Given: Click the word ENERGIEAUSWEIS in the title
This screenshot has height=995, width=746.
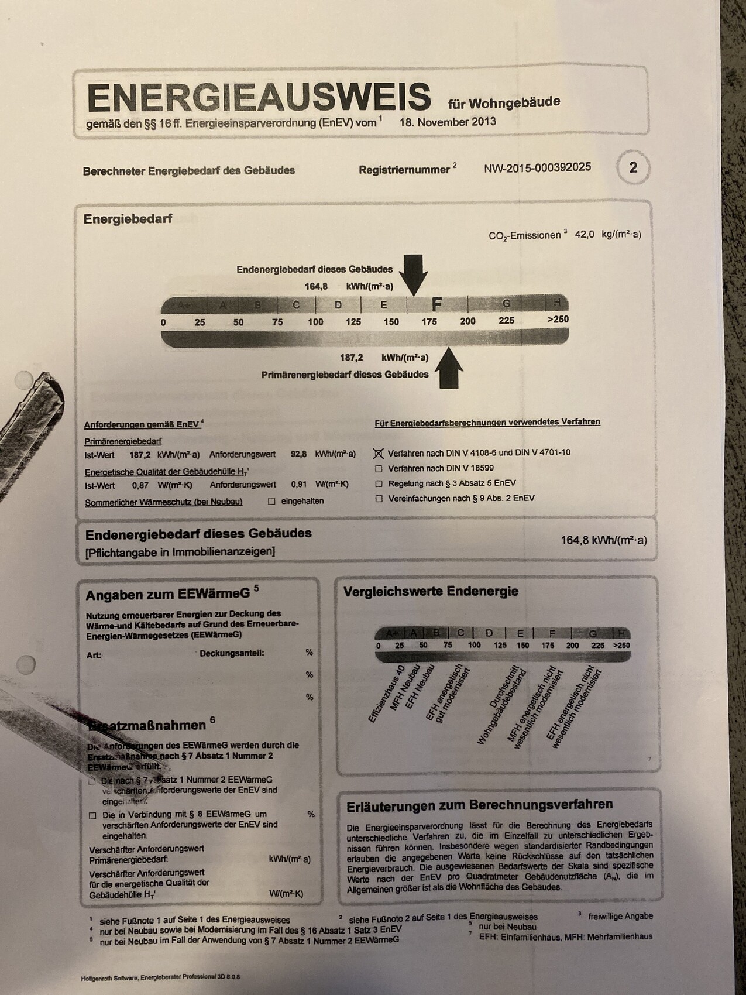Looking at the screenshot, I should click(259, 97).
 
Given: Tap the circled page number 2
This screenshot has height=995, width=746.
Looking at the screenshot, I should click(633, 168).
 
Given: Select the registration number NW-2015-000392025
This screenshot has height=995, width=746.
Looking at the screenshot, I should click(537, 168).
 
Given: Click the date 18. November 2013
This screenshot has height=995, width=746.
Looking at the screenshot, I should click(448, 122).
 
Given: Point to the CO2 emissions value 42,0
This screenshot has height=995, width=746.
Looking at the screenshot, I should click(585, 235).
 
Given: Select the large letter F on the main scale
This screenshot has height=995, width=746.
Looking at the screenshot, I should click(436, 304).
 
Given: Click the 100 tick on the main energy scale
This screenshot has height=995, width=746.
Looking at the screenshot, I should click(315, 322).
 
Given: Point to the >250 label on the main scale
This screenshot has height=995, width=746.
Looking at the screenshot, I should click(557, 320).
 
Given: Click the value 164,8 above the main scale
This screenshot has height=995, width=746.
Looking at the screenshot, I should click(317, 286).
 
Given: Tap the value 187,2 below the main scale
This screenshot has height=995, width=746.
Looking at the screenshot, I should click(352, 358).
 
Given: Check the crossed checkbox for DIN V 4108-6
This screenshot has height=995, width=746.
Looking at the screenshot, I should click(379, 453).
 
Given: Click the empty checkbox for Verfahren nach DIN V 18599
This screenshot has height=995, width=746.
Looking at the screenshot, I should click(379, 469).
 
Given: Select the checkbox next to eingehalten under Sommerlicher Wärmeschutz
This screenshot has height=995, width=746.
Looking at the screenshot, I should click(271, 502).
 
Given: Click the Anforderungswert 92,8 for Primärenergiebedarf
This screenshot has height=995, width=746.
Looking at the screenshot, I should click(298, 454).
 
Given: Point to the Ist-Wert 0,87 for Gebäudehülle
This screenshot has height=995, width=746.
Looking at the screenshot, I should click(140, 485).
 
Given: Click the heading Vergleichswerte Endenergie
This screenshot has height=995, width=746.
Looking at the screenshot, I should click(431, 592).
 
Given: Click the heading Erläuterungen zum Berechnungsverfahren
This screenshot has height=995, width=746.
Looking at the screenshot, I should click(479, 805).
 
